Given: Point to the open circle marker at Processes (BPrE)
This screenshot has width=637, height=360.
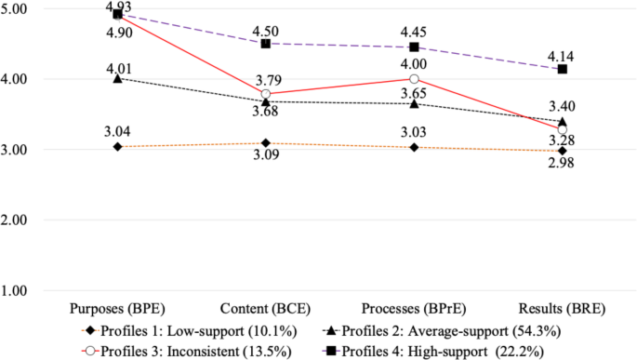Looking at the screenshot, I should pyautogui.click(x=414, y=79).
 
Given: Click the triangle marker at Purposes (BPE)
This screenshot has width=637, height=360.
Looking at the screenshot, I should pyautogui.click(x=117, y=79).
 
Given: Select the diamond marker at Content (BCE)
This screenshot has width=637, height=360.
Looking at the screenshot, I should pyautogui.click(x=265, y=143).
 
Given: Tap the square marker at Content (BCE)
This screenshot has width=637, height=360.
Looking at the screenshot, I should pyautogui.click(x=265, y=44).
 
